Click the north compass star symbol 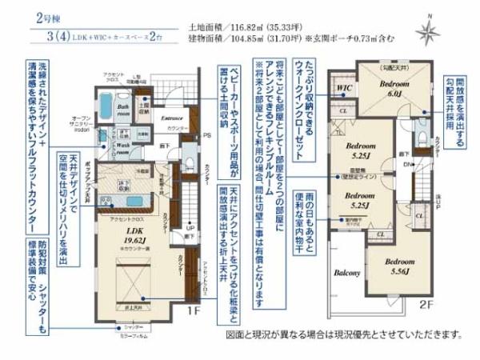tap(430, 31)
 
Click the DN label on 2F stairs tap(406, 164)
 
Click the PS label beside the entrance tap(206, 136)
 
